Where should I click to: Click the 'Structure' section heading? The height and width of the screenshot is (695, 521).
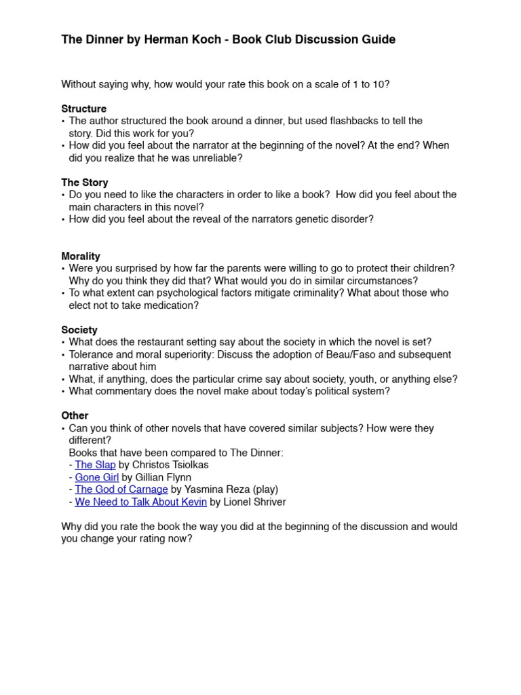click(x=83, y=109)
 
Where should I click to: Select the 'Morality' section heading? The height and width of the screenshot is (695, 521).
click(x=81, y=256)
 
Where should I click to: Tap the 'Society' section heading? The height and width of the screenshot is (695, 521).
click(x=79, y=330)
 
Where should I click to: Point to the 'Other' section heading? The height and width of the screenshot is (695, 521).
click(x=75, y=415)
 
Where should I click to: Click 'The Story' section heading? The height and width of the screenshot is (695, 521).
click(x=85, y=183)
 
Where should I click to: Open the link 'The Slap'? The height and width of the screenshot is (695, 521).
click(x=95, y=465)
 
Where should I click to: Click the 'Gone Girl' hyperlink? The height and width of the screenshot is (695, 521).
click(x=96, y=477)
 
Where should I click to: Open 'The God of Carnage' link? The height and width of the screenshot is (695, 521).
click(x=121, y=489)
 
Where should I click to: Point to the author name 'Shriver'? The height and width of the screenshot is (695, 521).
click(x=268, y=502)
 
